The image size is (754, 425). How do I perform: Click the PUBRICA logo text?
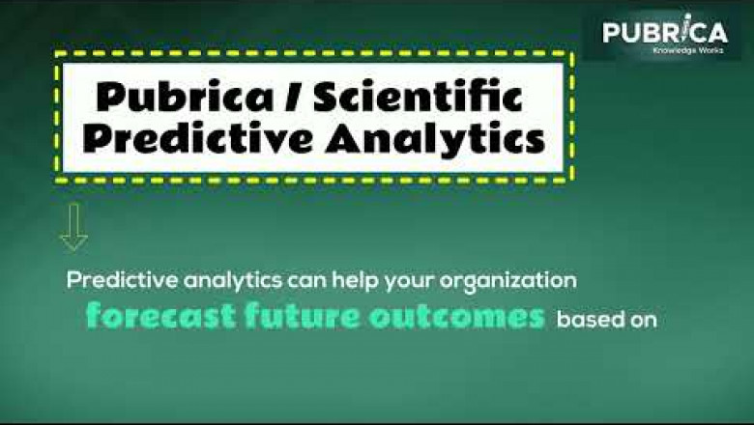tap(664, 33)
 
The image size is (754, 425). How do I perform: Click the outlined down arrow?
tap(73, 228)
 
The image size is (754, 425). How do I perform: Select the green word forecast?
tap(150, 317)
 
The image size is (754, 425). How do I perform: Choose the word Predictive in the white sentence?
tap(115, 281)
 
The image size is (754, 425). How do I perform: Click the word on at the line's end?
tap(643, 319)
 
